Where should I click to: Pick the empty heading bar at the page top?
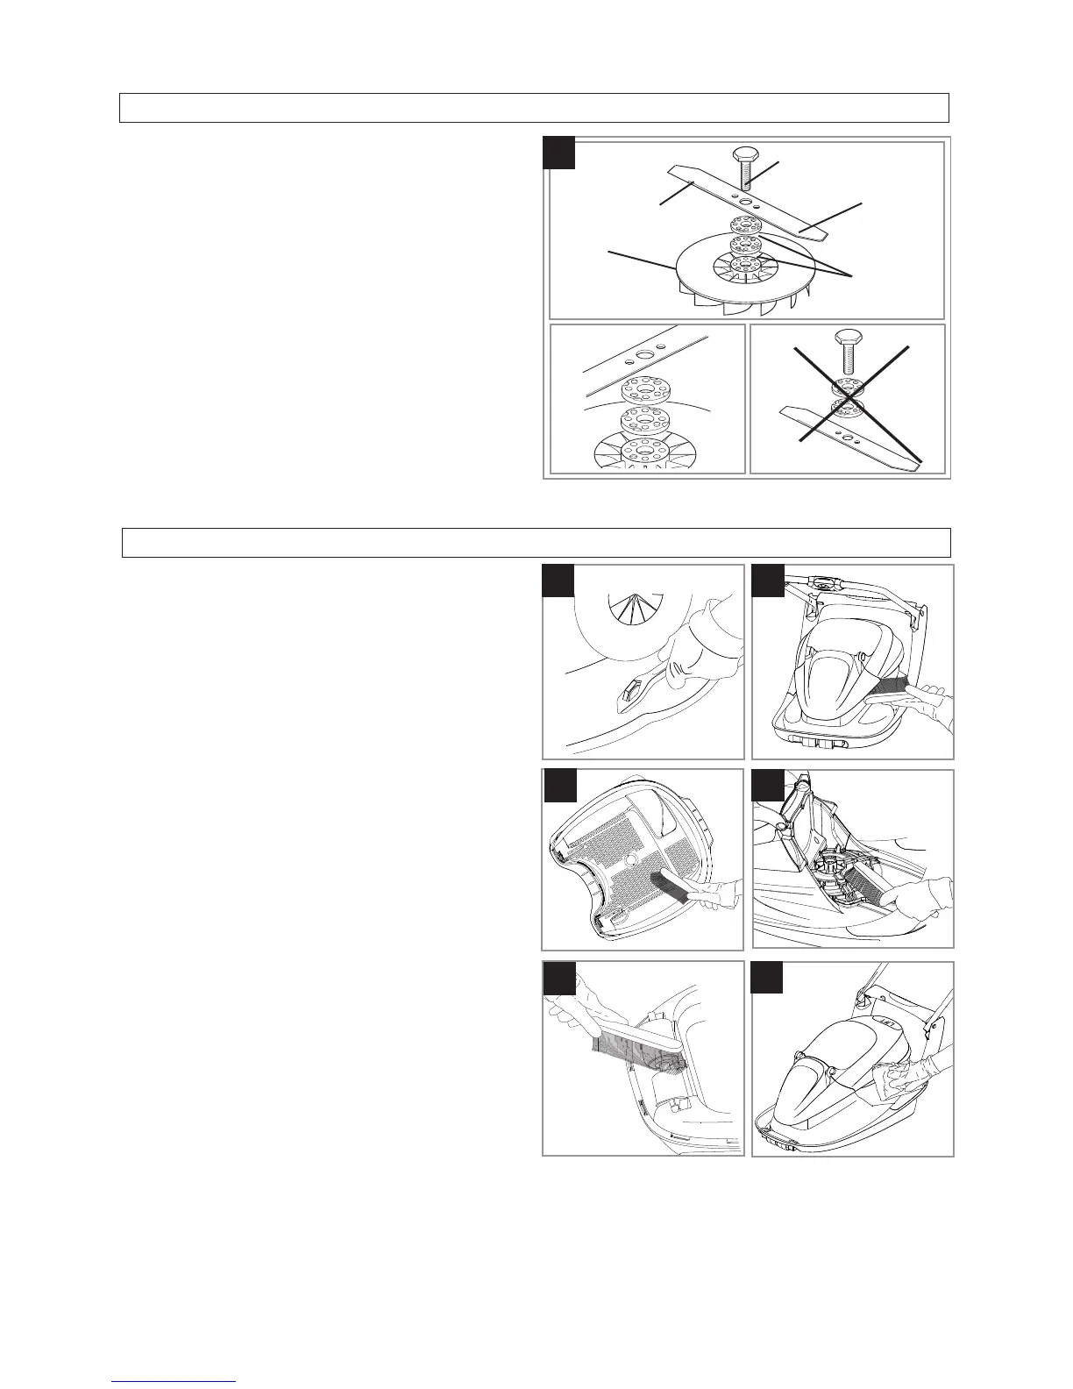pyautogui.click(x=535, y=107)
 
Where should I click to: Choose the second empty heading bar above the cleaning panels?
pyautogui.click(x=536, y=543)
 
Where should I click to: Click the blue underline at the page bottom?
pyautogui.click(x=174, y=1381)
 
